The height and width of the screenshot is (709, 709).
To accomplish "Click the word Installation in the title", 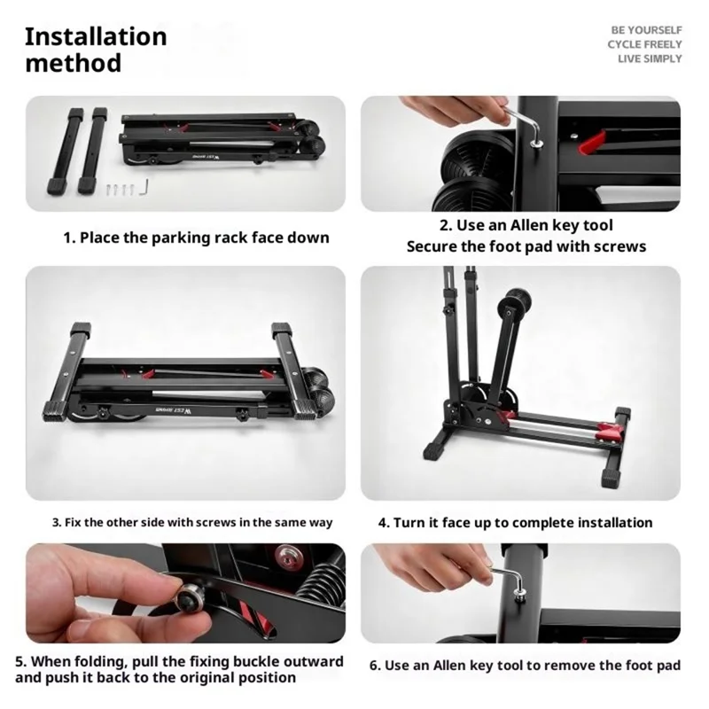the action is pyautogui.click(x=96, y=36).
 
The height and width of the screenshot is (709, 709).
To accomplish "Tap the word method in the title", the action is pyautogui.click(x=74, y=63).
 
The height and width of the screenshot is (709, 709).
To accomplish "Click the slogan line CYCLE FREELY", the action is pyautogui.click(x=644, y=44).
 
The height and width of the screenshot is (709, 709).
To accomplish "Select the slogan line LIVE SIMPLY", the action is pyautogui.click(x=650, y=58).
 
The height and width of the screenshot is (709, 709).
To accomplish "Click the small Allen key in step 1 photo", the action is pyautogui.click(x=144, y=187).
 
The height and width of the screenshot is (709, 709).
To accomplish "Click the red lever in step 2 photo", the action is pyautogui.click(x=592, y=142).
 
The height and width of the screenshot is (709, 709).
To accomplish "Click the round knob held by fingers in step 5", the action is pyautogui.click(x=189, y=597).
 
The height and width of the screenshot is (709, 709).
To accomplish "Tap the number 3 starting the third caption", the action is pyautogui.click(x=56, y=523).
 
